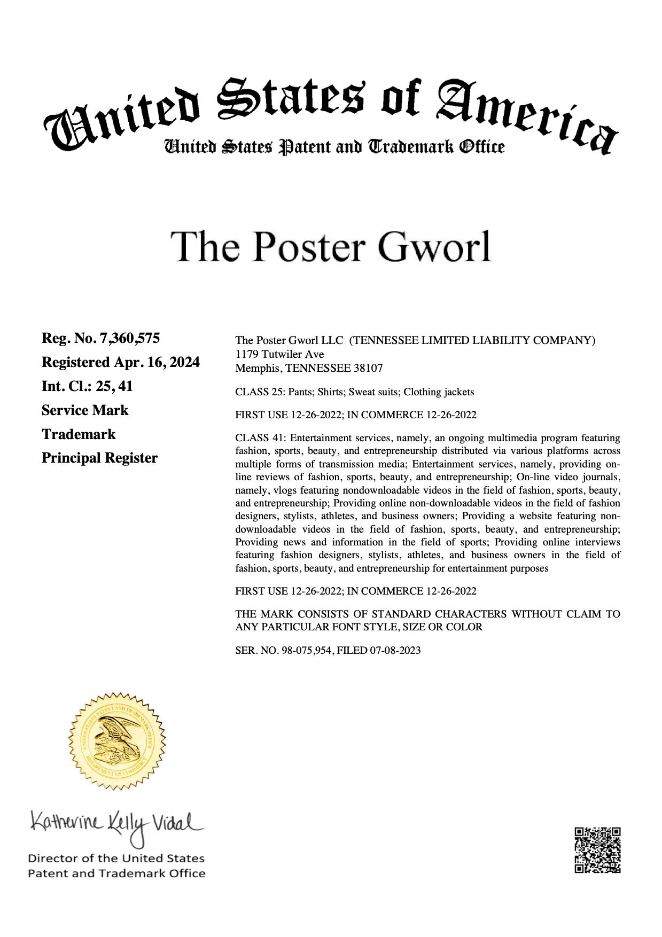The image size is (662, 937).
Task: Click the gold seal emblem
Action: (x=117, y=740)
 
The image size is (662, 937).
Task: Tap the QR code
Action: (x=597, y=850)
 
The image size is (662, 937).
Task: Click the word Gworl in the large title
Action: (x=433, y=247)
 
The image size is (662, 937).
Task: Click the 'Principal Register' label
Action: (x=99, y=458)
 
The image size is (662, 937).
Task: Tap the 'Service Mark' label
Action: (x=85, y=410)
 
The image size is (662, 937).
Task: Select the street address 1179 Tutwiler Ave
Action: (x=279, y=354)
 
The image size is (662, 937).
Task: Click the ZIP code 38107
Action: (x=368, y=368)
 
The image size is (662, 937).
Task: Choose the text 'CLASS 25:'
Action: (x=260, y=392)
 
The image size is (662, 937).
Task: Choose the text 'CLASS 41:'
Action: (x=260, y=438)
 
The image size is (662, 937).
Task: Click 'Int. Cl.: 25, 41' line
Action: (x=87, y=386)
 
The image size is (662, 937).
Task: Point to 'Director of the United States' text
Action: (x=116, y=858)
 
